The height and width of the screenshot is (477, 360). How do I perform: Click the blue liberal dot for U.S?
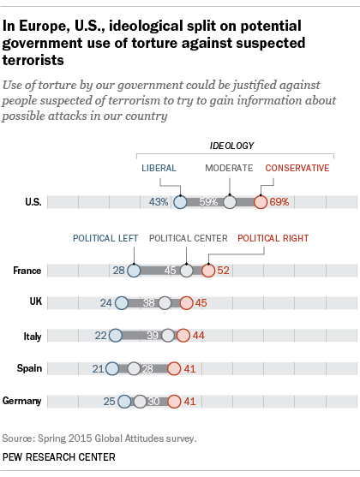[180, 203]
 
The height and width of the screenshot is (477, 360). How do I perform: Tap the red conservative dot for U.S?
[261, 203]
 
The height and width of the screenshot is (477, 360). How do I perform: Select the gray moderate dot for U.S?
[230, 203]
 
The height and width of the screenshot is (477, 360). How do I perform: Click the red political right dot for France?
[208, 271]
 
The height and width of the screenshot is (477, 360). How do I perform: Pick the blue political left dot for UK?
[121, 303]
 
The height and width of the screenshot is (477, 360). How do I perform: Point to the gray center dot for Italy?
[168, 336]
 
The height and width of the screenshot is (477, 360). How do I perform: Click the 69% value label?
[279, 203]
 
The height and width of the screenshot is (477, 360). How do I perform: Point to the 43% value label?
[159, 203]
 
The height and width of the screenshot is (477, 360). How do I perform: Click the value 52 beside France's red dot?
[224, 271]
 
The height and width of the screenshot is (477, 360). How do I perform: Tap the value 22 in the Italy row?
[101, 336]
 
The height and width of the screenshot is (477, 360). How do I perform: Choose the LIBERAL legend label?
[161, 169]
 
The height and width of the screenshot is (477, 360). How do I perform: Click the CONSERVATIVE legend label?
[297, 169]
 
